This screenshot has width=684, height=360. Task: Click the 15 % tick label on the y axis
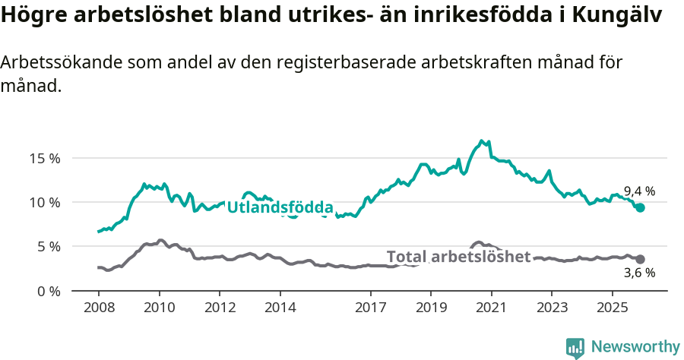click(x=45, y=159)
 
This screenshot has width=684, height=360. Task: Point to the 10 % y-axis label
click(x=45, y=203)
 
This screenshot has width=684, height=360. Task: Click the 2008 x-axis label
click(x=99, y=308)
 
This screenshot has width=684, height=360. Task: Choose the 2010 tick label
click(x=159, y=308)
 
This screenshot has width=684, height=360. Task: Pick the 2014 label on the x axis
click(x=280, y=308)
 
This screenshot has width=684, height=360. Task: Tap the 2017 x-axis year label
click(x=370, y=308)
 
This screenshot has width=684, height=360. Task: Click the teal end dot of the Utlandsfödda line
click(x=640, y=207)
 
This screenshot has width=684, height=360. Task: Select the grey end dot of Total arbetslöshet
click(x=640, y=259)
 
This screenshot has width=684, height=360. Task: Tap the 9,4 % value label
click(x=639, y=191)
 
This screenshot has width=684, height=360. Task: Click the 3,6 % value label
click(x=639, y=273)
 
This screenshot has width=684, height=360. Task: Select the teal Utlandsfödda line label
click(x=280, y=207)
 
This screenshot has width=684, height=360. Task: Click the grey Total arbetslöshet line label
click(x=458, y=257)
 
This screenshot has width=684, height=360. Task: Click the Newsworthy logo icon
click(x=575, y=347)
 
